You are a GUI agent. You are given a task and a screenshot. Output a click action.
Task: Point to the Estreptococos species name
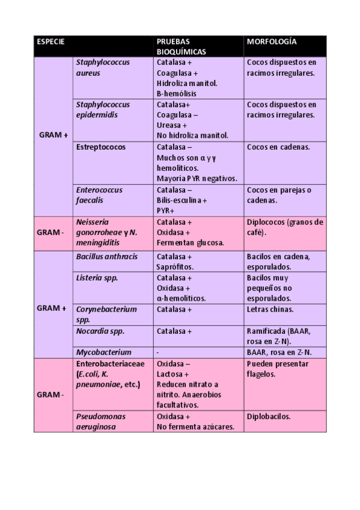99,147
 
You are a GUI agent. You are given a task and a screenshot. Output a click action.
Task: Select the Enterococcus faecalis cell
99,195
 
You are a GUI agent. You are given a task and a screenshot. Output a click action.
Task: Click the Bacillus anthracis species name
106,257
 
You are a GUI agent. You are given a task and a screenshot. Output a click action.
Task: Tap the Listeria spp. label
97,278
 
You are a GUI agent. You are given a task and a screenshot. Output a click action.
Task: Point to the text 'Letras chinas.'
270,310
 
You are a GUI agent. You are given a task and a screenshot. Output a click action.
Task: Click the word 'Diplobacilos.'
268,416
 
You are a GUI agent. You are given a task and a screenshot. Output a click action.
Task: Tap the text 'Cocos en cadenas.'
278,147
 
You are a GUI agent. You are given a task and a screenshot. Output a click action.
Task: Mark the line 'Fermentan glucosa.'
190,243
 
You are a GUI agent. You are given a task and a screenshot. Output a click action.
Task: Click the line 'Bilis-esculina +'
182,200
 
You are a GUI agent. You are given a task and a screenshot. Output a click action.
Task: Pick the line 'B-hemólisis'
176,94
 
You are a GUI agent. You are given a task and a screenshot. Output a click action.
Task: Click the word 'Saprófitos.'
175,267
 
